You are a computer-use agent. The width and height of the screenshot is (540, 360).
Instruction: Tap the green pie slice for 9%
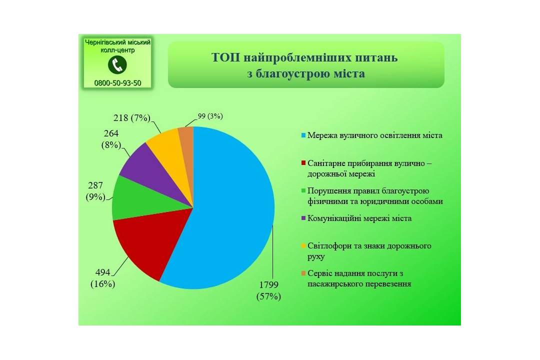click(144, 200)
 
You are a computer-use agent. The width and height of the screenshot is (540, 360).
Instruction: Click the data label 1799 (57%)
click(268, 290)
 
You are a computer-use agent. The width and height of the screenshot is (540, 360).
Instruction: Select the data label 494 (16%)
click(102, 278)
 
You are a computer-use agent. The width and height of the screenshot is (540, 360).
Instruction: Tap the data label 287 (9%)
click(95, 191)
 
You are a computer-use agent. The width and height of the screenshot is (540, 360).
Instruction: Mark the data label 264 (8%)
click(111, 139)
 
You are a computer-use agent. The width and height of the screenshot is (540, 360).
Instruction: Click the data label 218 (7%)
click(132, 118)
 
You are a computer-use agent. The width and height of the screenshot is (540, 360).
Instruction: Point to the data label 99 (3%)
click(210, 116)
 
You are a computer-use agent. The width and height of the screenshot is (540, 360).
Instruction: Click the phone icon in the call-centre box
click(117, 65)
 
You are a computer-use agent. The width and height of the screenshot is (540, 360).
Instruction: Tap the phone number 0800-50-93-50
click(118, 83)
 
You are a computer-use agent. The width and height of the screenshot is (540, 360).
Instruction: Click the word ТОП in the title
click(226, 57)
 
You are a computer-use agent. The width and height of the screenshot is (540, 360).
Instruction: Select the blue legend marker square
click(303, 135)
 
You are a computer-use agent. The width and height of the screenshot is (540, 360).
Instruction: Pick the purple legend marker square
click(303, 218)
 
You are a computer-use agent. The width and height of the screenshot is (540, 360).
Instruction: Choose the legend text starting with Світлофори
click(369, 251)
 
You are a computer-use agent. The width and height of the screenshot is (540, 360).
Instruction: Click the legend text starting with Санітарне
click(369, 168)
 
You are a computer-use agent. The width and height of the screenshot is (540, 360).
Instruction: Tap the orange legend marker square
click(303, 273)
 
